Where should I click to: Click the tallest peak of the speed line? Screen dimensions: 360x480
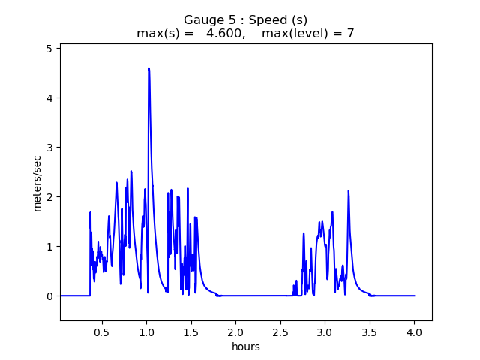click(148, 68)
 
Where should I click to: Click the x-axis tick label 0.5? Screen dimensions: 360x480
click(101, 331)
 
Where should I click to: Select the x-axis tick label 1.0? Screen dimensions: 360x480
click(146, 331)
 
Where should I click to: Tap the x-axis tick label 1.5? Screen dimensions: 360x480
click(191, 331)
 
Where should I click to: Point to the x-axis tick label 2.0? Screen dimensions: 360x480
click(235, 331)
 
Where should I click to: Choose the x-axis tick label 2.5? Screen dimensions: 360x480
click(280, 331)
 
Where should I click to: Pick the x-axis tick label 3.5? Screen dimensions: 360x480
click(370, 331)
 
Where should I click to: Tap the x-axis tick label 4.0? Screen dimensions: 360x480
click(415, 331)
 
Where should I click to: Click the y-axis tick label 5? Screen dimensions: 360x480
click(49, 49)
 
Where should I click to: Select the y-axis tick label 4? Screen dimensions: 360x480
click(49, 98)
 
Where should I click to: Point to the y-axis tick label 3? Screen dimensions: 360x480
click(49, 148)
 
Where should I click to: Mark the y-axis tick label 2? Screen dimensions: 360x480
click(49, 197)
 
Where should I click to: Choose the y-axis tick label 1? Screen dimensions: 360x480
click(49, 247)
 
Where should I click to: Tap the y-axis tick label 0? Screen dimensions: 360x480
click(49, 296)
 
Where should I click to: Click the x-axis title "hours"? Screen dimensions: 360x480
click(246, 346)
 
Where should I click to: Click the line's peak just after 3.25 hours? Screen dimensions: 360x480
click(349, 191)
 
